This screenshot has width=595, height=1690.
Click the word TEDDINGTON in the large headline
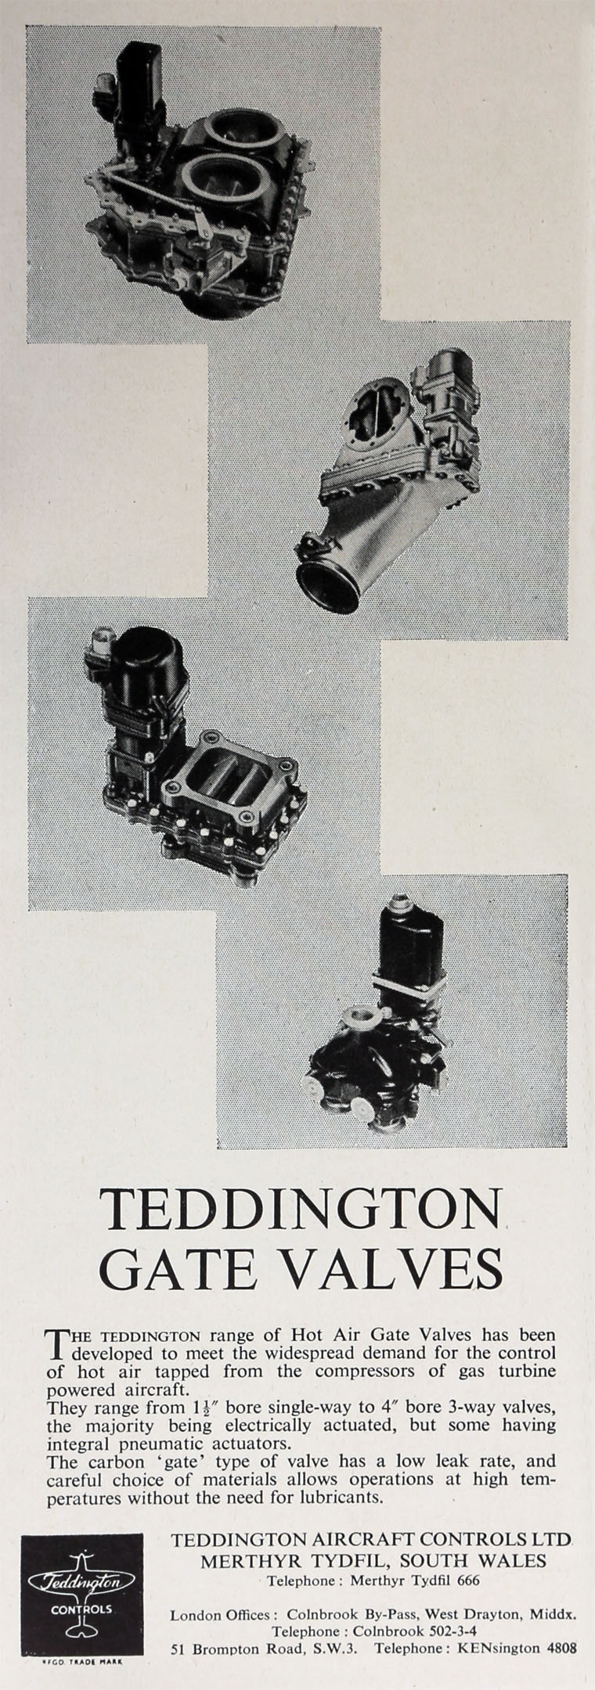(x=301, y=1211)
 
